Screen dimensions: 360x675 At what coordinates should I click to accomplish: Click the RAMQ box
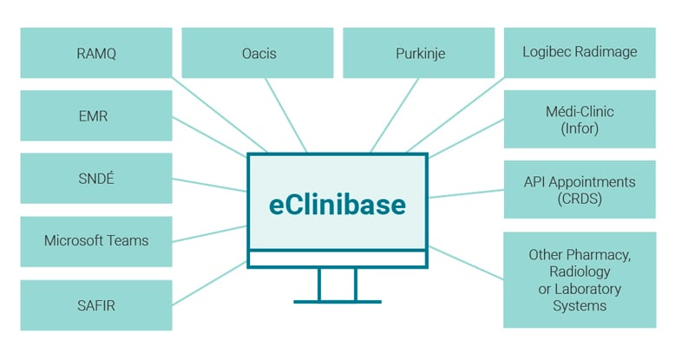coord(95,52)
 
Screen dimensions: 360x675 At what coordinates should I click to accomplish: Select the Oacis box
coord(257,52)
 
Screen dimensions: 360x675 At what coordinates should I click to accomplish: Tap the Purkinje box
coord(419,52)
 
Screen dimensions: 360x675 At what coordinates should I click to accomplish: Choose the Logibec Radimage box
coord(580,52)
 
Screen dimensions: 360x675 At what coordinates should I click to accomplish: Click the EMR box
coord(95,115)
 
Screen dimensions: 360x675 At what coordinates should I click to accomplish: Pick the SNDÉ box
coord(95,178)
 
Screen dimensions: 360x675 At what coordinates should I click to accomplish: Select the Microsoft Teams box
coord(95,241)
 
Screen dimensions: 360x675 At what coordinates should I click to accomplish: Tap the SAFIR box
coord(95,304)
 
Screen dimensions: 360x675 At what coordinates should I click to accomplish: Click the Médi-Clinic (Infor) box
coord(580,121)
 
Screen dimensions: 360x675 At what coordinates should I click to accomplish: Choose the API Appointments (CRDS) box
coord(580,191)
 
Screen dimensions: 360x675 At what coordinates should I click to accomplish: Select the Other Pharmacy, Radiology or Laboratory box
coord(580,280)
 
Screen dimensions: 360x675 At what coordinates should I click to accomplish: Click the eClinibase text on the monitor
coord(337,206)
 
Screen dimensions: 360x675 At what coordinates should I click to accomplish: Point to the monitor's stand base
coord(337,301)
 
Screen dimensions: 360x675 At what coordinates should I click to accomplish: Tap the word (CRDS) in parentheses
coord(580,200)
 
